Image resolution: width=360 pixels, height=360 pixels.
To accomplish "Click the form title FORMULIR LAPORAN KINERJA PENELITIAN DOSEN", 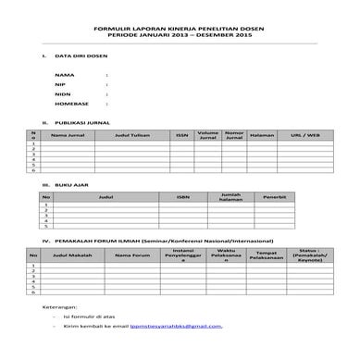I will (x=180, y=29).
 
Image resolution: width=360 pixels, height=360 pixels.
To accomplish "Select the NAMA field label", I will (x=64, y=74).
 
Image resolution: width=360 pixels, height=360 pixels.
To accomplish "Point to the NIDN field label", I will (x=63, y=93).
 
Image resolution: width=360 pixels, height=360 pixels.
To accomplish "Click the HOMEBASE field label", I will (x=71, y=104).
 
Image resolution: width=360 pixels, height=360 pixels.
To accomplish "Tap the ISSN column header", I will (x=181, y=135).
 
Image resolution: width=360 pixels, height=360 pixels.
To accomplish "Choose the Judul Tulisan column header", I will (x=130, y=135).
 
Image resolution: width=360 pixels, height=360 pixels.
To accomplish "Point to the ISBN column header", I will (x=181, y=197).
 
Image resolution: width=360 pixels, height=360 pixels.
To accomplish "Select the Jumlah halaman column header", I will (x=230, y=197).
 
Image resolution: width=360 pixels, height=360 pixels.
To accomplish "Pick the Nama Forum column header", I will (x=132, y=254).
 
